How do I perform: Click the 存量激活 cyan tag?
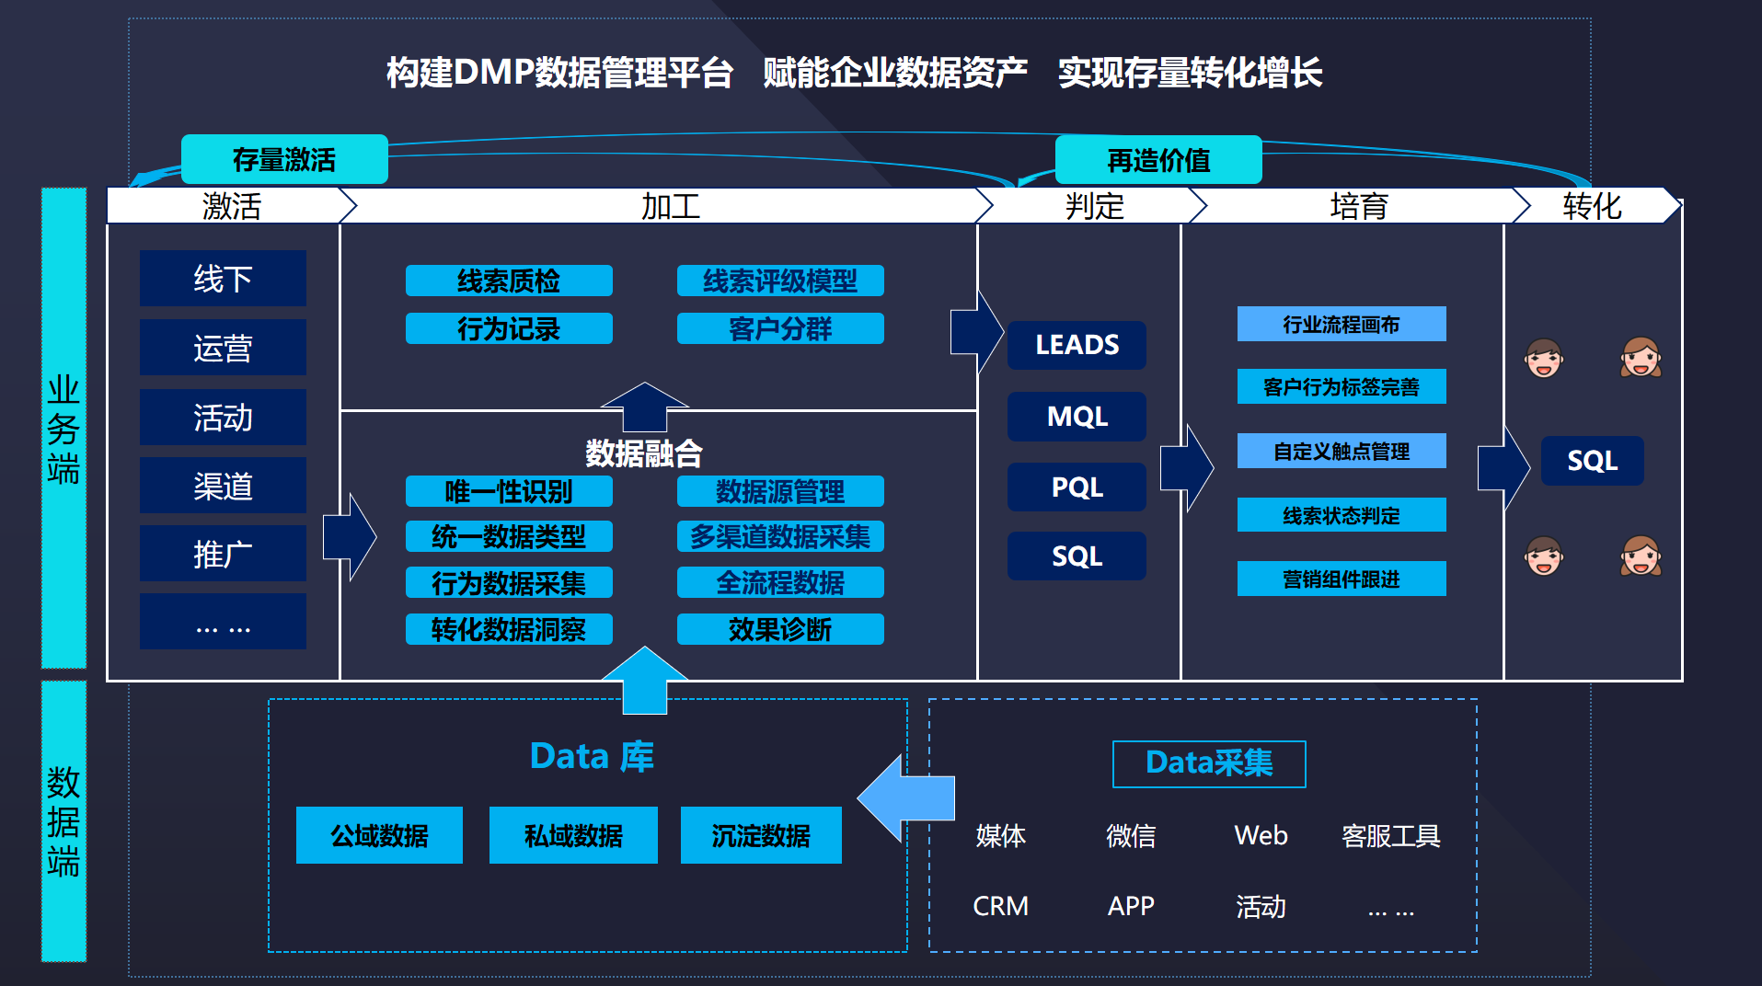(x=284, y=160)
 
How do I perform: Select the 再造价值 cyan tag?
(x=1157, y=161)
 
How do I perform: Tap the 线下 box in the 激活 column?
(x=223, y=279)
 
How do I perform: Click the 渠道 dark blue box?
(x=223, y=486)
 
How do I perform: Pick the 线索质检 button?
(x=509, y=281)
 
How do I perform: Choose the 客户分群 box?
(x=780, y=329)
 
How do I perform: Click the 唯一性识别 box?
(x=509, y=491)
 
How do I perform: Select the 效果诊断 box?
(x=780, y=629)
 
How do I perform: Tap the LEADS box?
(x=1077, y=345)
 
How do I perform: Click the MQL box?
(x=1077, y=417)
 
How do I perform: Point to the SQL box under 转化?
(x=1592, y=461)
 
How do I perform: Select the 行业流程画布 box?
(x=1341, y=325)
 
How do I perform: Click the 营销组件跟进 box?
(x=1341, y=579)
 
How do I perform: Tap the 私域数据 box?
(x=573, y=835)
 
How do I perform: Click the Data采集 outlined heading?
(x=1209, y=763)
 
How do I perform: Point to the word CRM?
(x=1000, y=906)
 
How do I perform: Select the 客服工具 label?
(x=1390, y=836)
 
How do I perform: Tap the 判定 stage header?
(x=1094, y=206)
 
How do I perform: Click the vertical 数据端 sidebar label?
(x=63, y=821)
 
